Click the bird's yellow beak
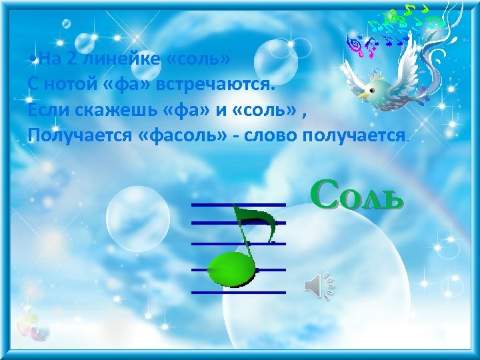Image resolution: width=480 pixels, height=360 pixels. [363, 95]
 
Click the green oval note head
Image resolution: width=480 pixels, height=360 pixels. [231, 269]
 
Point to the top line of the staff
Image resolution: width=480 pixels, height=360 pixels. [237, 204]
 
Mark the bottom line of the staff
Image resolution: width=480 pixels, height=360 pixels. [237, 292]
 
